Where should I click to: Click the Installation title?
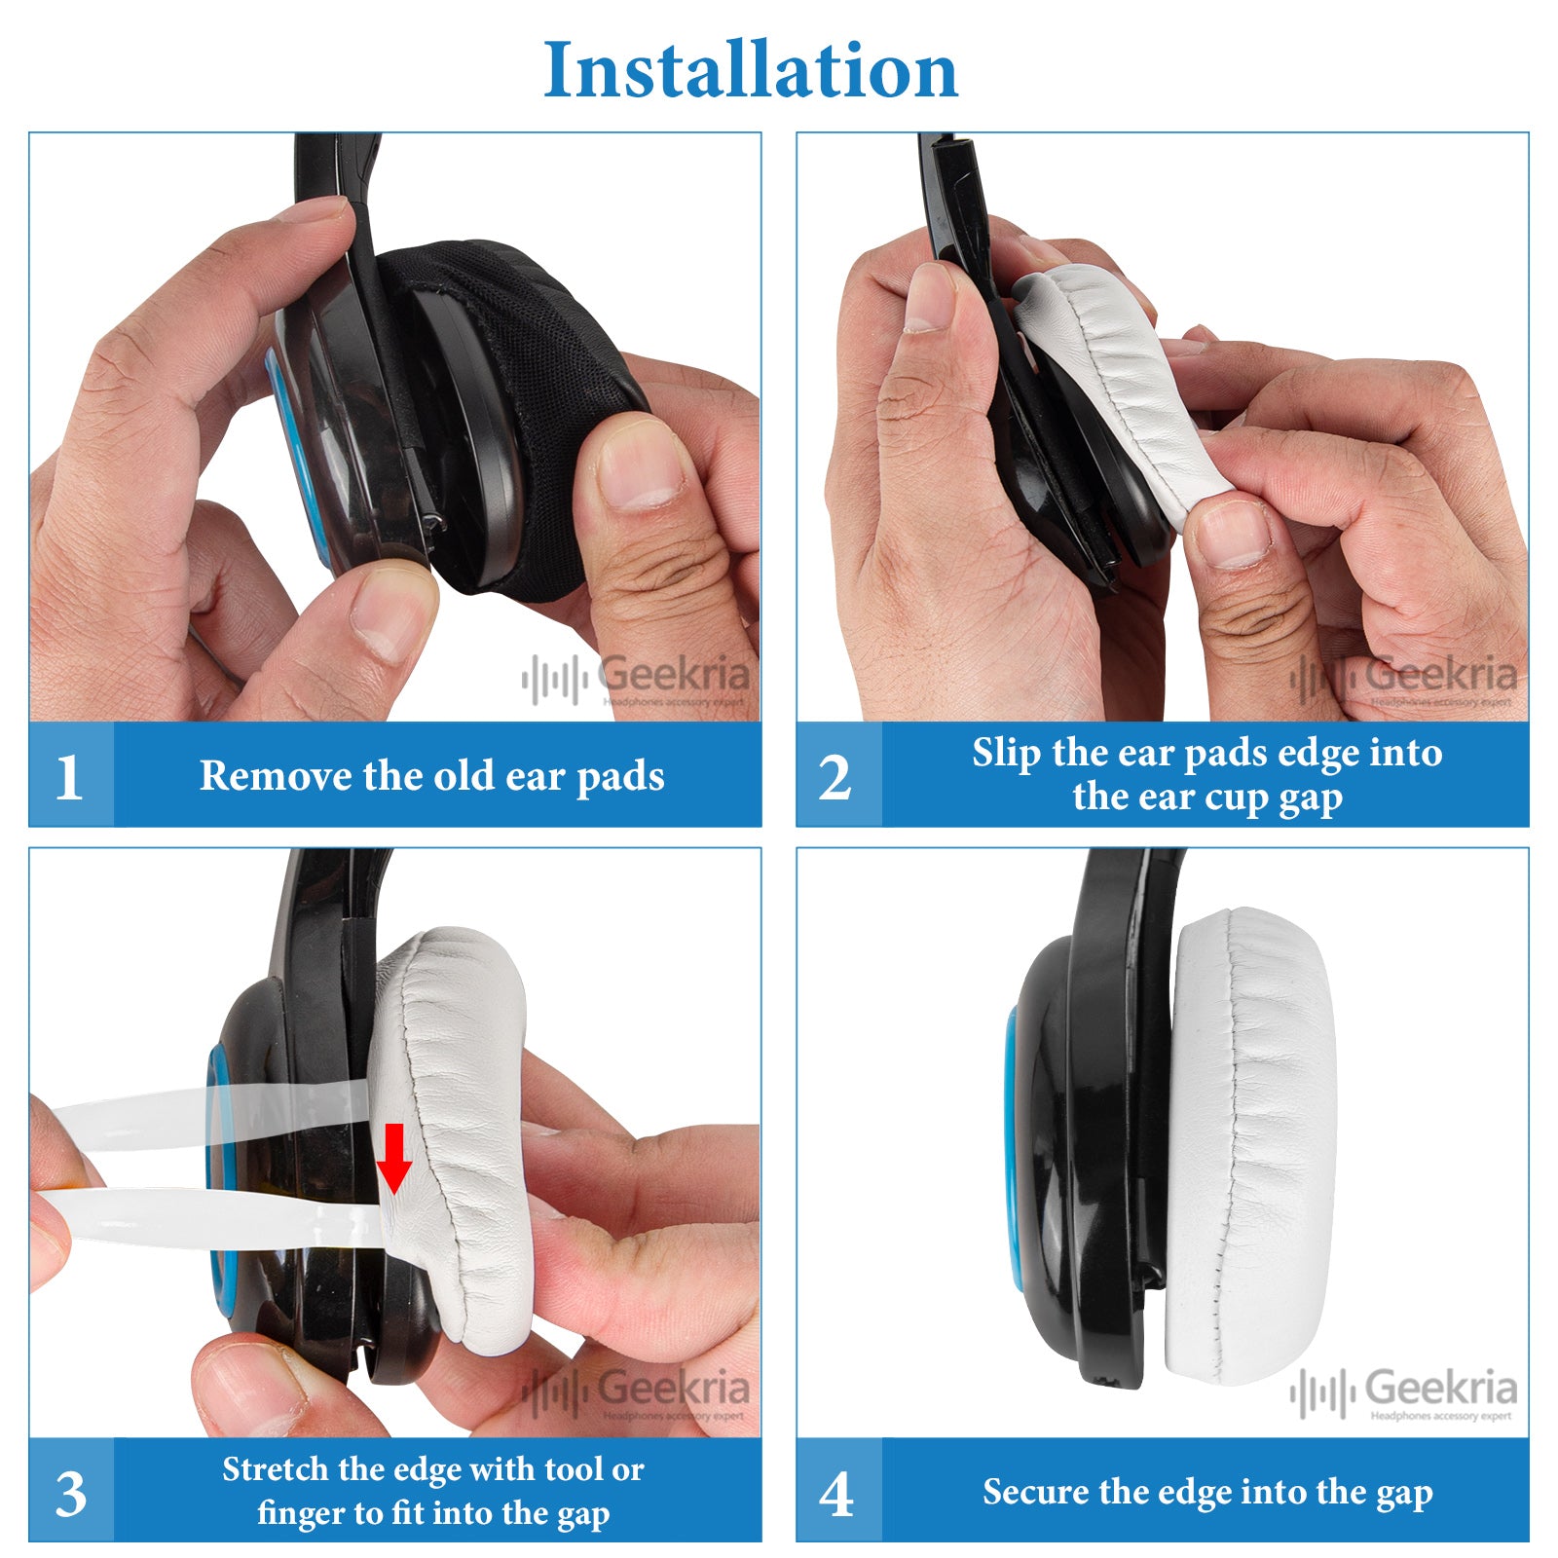(751, 70)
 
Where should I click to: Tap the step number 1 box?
(70, 776)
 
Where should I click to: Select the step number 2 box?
(836, 776)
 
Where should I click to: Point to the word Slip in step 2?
(1006, 753)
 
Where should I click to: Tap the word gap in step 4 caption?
(1404, 1494)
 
